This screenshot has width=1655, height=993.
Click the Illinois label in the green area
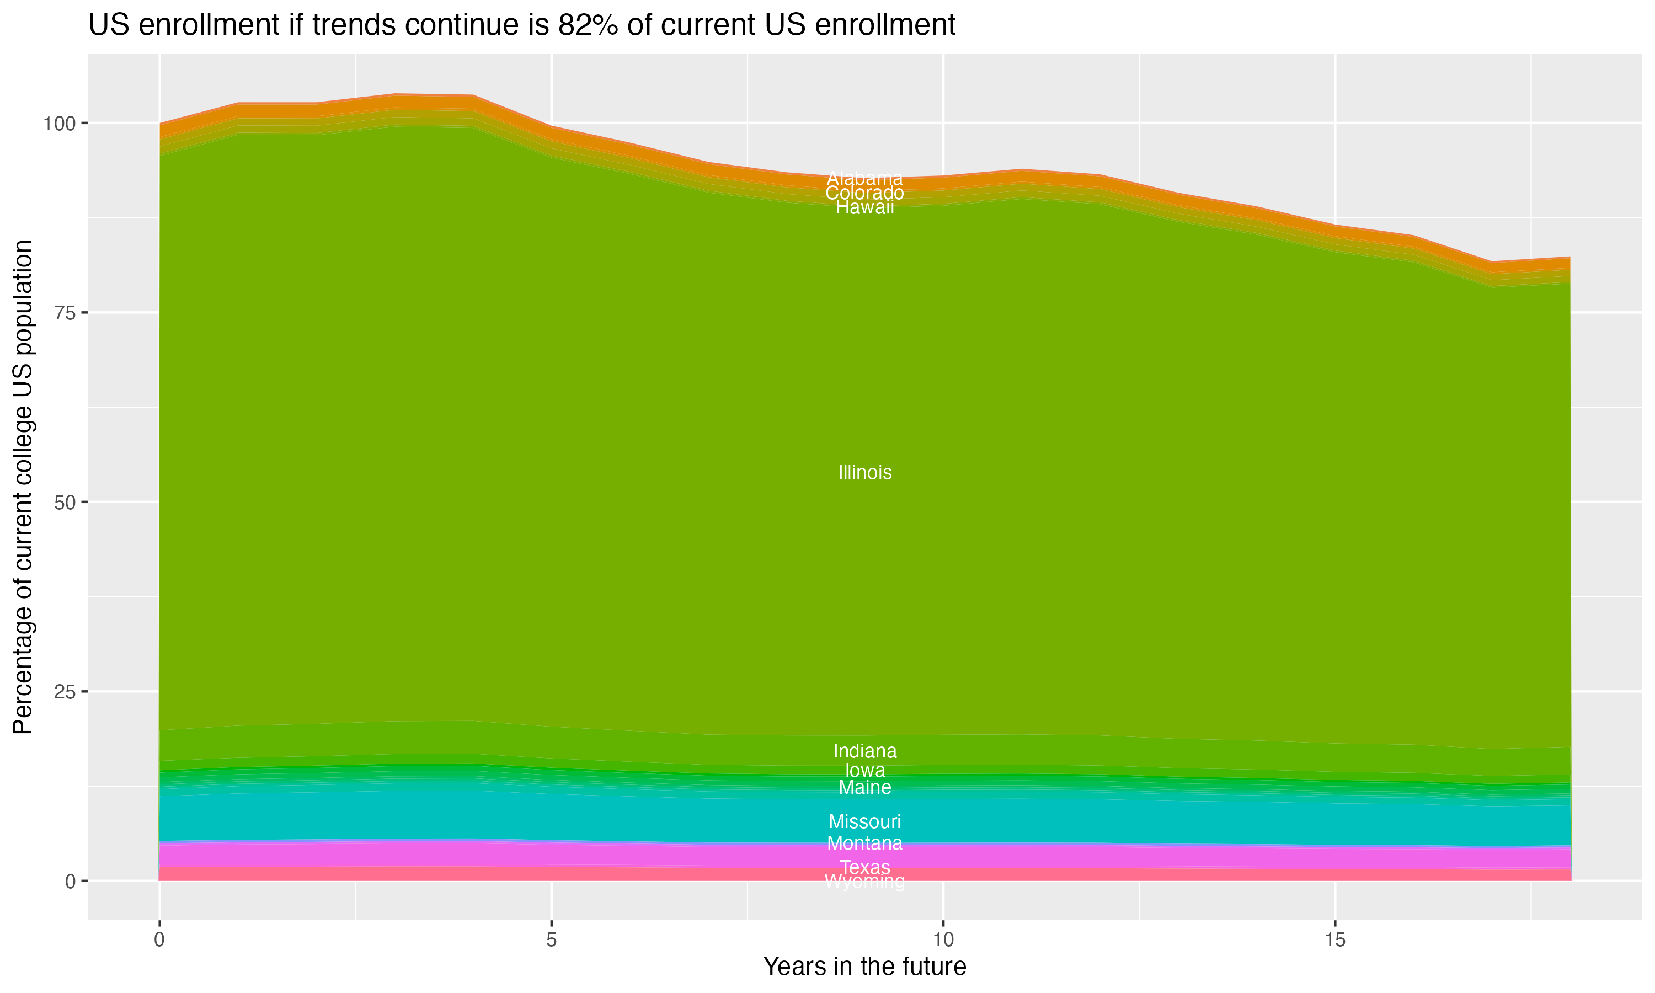(x=864, y=472)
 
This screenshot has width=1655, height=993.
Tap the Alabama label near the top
(x=864, y=179)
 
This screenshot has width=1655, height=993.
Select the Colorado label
(x=864, y=193)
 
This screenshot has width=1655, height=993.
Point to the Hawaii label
(x=864, y=207)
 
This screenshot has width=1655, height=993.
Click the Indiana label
(x=864, y=751)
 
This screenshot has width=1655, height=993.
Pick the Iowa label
(x=864, y=770)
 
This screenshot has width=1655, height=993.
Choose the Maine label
(x=864, y=788)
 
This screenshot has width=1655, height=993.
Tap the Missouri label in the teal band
(x=864, y=821)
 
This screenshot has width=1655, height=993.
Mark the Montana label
(x=864, y=843)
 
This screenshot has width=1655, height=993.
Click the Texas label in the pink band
(x=864, y=867)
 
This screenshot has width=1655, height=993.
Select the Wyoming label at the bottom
(x=864, y=882)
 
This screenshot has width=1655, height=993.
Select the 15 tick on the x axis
(x=1334, y=940)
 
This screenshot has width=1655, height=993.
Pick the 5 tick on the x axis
(x=551, y=940)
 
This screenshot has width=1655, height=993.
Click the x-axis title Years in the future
(x=864, y=966)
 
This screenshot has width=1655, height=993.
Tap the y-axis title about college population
(x=23, y=487)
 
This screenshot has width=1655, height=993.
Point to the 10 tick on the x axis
(x=943, y=940)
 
